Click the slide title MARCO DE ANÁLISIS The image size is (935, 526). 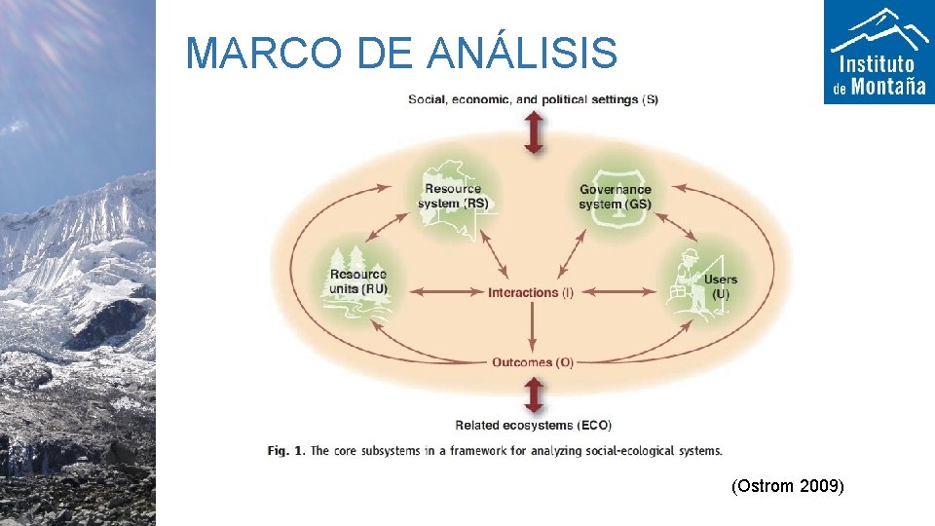pyautogui.click(x=400, y=53)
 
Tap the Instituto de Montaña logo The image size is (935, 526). pyautogui.click(x=879, y=53)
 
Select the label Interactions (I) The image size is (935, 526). pyautogui.click(x=531, y=292)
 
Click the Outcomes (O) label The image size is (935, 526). pyautogui.click(x=534, y=362)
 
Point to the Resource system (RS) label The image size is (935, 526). pyautogui.click(x=453, y=196)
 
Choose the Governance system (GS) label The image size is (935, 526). pyautogui.click(x=615, y=196)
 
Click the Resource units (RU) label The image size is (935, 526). pyautogui.click(x=358, y=282)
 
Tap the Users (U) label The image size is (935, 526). pyautogui.click(x=721, y=286)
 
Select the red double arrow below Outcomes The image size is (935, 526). pyautogui.click(x=534, y=396)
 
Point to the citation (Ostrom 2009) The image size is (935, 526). pyautogui.click(x=787, y=485)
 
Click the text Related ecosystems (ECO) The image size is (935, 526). pyautogui.click(x=534, y=425)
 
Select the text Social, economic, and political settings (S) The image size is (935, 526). pyautogui.click(x=533, y=99)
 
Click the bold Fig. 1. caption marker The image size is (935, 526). pyautogui.click(x=287, y=450)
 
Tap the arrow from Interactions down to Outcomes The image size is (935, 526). pyautogui.click(x=532, y=327)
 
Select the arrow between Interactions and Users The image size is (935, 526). pyautogui.click(x=623, y=292)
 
